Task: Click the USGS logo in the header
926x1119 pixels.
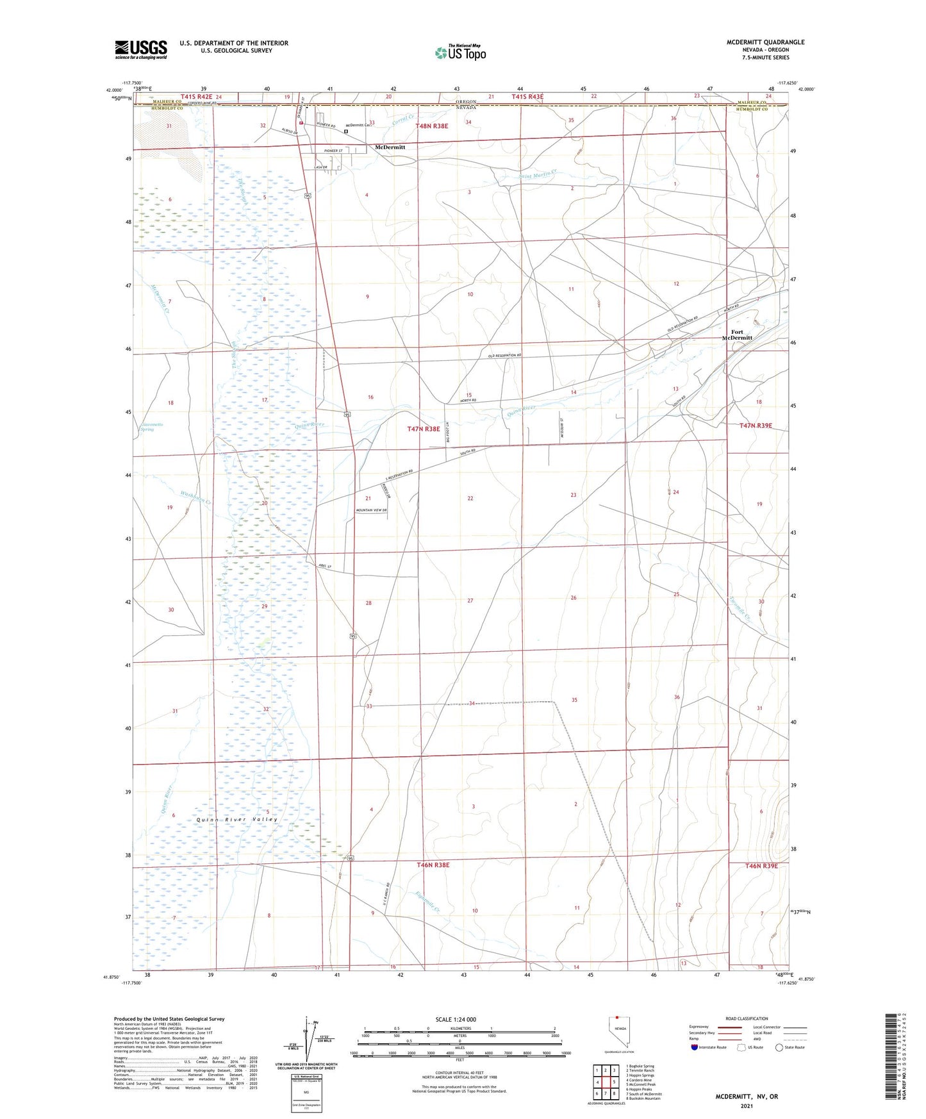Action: pos(140,49)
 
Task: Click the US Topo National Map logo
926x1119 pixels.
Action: pos(459,52)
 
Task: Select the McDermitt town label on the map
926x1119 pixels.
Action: pos(390,147)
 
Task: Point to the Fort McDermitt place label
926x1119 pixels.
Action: pos(736,335)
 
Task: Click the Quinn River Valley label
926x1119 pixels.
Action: pos(237,819)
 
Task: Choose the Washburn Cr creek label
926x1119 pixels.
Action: pos(195,497)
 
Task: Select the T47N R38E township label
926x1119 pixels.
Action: pos(424,429)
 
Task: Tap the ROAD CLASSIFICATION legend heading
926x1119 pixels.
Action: pos(746,1018)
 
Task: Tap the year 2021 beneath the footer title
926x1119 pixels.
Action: pos(746,1106)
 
